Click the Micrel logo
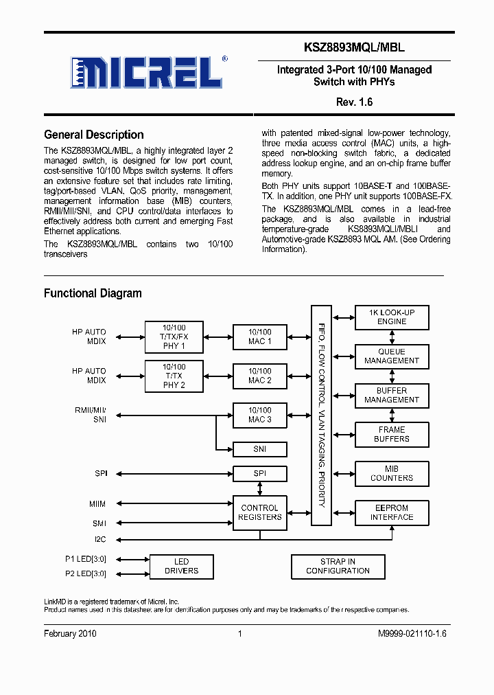click(145, 71)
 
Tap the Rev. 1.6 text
click(354, 102)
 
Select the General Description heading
click(93, 135)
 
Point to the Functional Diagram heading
click(93, 293)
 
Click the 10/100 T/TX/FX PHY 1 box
click(174, 337)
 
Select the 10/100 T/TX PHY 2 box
click(174, 376)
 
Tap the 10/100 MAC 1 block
click(259, 337)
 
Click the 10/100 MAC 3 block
click(259, 415)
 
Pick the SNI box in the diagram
click(259, 449)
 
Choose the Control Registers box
click(259, 512)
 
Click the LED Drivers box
click(181, 567)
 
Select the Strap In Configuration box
click(338, 567)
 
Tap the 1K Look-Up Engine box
click(392, 317)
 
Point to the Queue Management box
click(392, 356)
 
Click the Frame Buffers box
click(392, 434)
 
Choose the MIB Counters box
click(392, 473)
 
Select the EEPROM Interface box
click(392, 512)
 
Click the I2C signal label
click(100, 539)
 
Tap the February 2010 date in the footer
click(70, 633)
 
